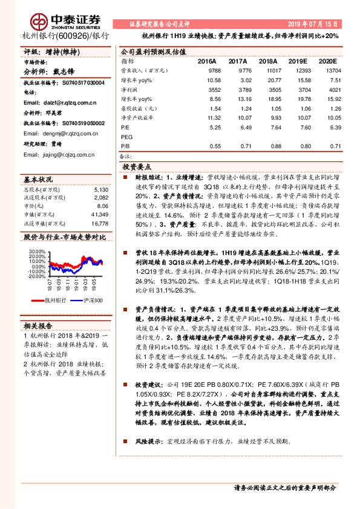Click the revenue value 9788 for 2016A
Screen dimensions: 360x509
click(x=206, y=71)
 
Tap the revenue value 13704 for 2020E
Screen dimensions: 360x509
click(x=327, y=71)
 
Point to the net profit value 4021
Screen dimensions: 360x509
click(x=327, y=89)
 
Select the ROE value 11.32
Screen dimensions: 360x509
click(x=206, y=118)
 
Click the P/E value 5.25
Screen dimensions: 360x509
click(x=206, y=127)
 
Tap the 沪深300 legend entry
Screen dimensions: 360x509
click(x=91, y=300)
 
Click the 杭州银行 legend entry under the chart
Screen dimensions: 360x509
click(x=51, y=300)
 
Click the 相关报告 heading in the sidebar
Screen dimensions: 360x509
click(x=39, y=325)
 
